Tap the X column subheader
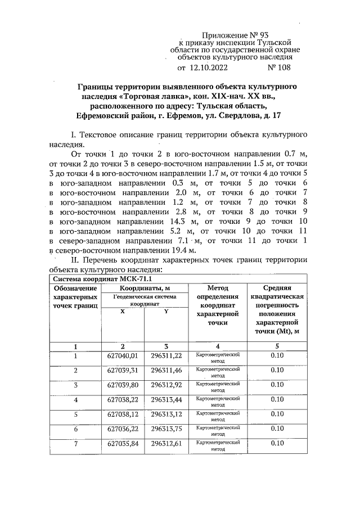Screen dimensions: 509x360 click(x=123, y=312)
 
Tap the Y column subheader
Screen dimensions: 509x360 click(x=166, y=312)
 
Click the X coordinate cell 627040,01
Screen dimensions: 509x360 click(x=123, y=355)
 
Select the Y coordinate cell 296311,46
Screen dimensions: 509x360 click(x=166, y=370)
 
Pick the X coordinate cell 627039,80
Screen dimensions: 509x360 click(x=123, y=385)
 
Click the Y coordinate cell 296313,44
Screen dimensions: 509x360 click(x=166, y=399)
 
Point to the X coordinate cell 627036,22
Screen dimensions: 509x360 click(x=123, y=429)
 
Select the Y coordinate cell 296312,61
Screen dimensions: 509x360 click(x=166, y=443)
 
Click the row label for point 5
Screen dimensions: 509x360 click(x=75, y=414)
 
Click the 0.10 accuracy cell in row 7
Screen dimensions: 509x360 click(x=277, y=443)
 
